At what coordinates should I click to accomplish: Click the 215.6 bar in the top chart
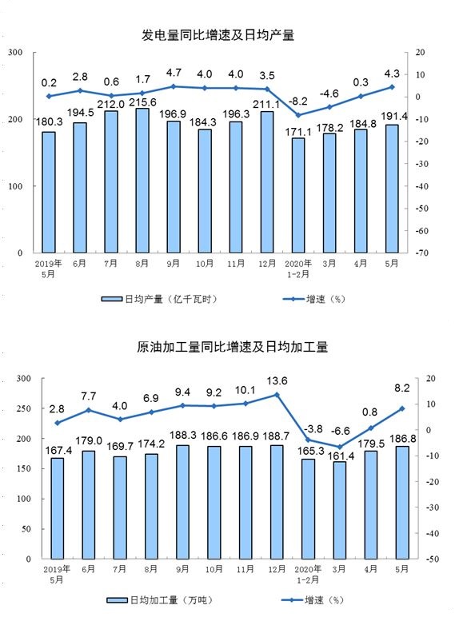tap(142, 181)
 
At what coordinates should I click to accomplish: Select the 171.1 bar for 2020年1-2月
tap(298, 195)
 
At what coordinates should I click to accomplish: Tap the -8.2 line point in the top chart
tap(298, 115)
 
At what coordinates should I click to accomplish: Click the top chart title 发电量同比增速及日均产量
tap(218, 35)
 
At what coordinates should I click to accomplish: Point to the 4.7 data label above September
tap(174, 73)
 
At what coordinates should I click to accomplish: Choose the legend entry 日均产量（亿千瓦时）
tap(159, 299)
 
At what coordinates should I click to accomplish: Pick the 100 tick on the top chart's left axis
tap(15, 186)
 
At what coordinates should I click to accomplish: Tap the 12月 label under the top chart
tap(267, 264)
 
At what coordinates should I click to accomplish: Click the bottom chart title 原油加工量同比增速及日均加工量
tap(232, 347)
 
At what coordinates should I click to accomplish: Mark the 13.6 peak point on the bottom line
tap(277, 395)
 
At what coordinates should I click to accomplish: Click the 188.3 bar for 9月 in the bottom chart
tap(182, 502)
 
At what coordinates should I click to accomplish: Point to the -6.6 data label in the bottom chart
tap(340, 431)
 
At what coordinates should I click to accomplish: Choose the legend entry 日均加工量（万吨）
tap(160, 600)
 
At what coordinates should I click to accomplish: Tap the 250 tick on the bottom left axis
tap(23, 408)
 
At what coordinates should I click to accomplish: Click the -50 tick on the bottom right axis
tap(430, 559)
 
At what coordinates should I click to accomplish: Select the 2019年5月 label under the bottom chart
tap(57, 574)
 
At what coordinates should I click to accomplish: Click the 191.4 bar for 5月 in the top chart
tap(392, 189)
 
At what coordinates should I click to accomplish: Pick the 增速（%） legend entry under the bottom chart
tap(313, 600)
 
